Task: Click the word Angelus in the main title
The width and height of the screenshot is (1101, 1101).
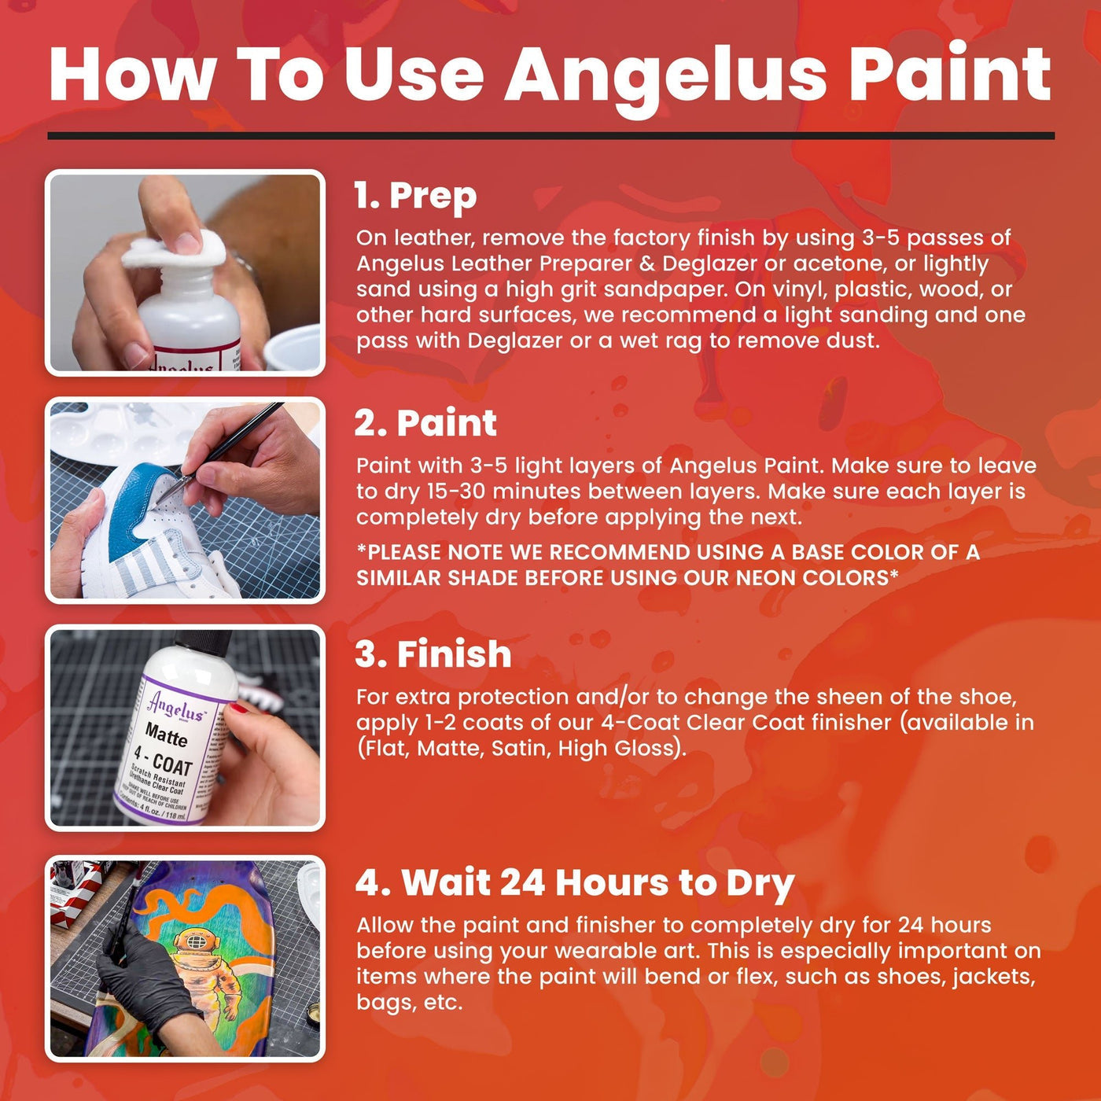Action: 665,75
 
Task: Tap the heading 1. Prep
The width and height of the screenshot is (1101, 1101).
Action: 415,196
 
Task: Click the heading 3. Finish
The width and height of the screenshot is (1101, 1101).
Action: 433,654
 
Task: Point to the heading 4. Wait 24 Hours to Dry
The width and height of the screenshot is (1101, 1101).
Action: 574,882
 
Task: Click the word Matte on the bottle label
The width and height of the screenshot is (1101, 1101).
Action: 166,735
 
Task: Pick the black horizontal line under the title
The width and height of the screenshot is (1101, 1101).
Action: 550,135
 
